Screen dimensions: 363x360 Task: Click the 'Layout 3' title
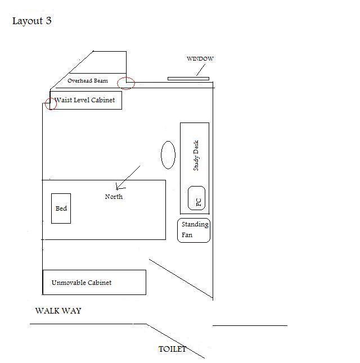pos(32,21)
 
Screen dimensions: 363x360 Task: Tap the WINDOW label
pos(200,59)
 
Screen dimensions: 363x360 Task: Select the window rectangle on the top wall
pos(188,79)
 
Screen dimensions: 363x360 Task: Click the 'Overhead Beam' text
pos(87,81)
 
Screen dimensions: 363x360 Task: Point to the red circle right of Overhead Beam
pos(126,83)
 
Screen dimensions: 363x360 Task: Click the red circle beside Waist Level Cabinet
pos(51,103)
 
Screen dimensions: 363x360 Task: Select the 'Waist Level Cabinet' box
pos(86,101)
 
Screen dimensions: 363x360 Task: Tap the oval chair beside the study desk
pos(168,155)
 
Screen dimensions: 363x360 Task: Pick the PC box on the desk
pos(196,198)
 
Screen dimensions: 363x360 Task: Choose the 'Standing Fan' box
pos(194,230)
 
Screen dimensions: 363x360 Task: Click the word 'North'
pos(114,197)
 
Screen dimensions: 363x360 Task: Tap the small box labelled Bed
pos(61,208)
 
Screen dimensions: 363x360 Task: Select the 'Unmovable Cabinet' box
pos(94,282)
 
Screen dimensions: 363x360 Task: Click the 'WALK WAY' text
pos(58,311)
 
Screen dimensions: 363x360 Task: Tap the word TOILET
pos(172,349)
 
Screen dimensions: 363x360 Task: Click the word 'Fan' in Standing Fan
pos(187,235)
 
